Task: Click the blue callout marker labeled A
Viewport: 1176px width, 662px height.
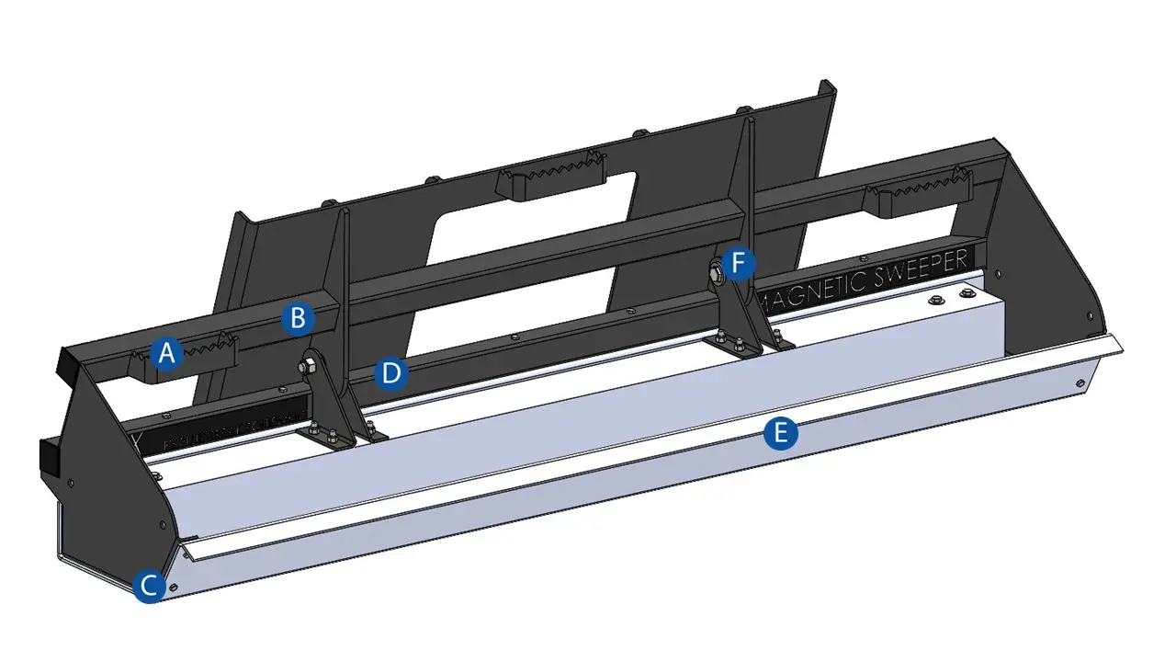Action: click(166, 353)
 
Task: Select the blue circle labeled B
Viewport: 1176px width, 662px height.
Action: click(298, 318)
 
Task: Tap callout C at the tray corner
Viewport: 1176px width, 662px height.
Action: click(149, 586)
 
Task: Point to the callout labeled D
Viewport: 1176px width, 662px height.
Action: click(391, 373)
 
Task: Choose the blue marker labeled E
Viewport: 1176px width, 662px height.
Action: click(780, 433)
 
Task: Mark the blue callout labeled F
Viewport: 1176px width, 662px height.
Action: click(739, 266)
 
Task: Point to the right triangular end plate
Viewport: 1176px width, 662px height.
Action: click(1047, 257)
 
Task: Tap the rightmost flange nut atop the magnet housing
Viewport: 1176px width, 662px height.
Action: click(966, 293)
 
